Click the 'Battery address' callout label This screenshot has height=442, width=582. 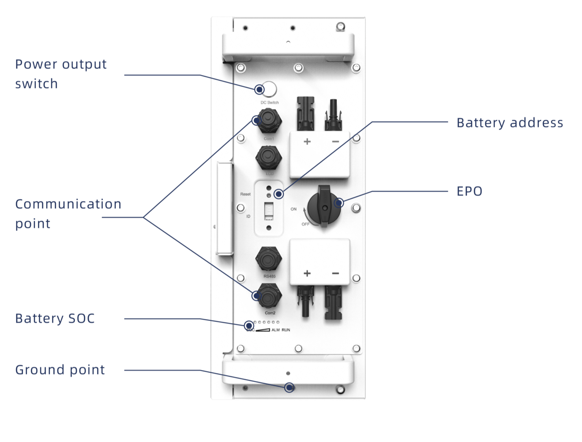(x=510, y=123)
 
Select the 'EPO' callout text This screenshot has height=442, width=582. (x=469, y=191)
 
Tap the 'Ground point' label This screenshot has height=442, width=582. (x=60, y=370)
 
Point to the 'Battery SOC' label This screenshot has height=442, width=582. (x=55, y=318)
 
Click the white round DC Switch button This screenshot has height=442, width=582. (x=269, y=89)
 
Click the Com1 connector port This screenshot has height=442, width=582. (x=269, y=121)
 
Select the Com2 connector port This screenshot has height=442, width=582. (x=269, y=296)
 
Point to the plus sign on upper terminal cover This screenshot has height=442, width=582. (x=307, y=141)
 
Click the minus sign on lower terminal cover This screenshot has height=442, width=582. (x=335, y=273)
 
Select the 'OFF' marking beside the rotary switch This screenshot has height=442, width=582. (x=305, y=224)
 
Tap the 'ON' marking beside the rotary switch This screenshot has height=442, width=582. (x=293, y=209)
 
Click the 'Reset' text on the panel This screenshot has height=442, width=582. (x=246, y=194)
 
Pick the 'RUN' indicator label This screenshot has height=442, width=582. (x=286, y=330)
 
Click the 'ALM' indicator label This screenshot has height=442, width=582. (x=275, y=330)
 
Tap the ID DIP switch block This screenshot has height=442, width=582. (x=269, y=211)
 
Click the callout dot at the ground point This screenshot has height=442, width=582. (x=289, y=388)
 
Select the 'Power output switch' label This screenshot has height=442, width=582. (x=61, y=74)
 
